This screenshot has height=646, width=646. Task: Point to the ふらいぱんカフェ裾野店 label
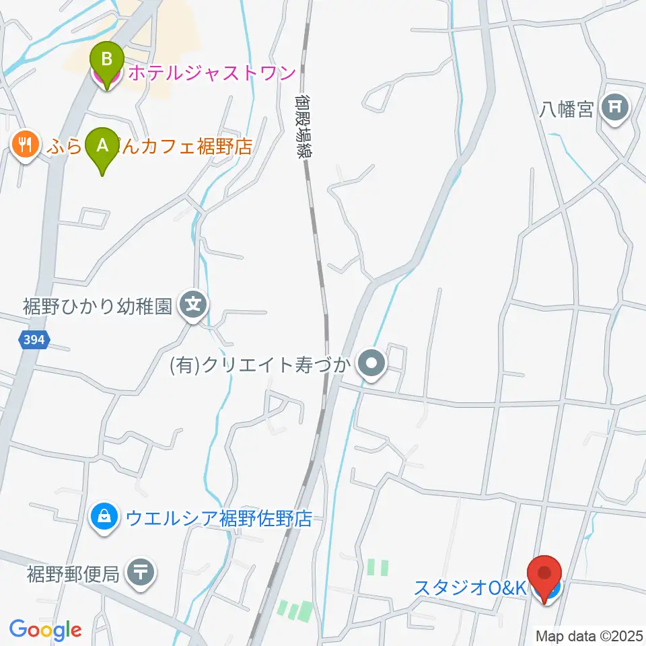pyautogui.click(x=148, y=146)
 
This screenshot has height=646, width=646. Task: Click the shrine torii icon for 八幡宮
pyautogui.click(x=615, y=106)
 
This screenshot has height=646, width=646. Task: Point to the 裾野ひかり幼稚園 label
pyautogui.click(x=99, y=306)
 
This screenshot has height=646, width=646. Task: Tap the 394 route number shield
pyautogui.click(x=32, y=340)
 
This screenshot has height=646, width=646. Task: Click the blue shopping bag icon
pyautogui.click(x=104, y=518)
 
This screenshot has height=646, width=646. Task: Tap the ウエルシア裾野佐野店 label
pyautogui.click(x=219, y=518)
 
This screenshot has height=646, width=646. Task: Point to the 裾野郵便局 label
pyautogui.click(x=73, y=574)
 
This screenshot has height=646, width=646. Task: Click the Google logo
pyautogui.click(x=45, y=630)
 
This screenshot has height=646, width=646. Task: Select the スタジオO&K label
pyautogui.click(x=469, y=587)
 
